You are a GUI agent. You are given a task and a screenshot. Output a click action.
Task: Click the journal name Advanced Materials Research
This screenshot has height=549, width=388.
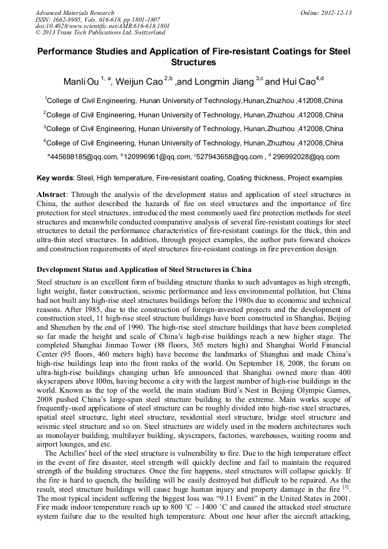[x=74, y=13]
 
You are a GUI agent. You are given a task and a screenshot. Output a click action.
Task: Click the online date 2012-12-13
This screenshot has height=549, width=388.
[x=335, y=13]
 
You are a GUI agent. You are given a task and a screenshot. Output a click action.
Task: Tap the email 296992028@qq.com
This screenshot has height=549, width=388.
[x=307, y=157]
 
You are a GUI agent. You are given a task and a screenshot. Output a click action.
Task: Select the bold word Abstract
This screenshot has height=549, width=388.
[x=52, y=195]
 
